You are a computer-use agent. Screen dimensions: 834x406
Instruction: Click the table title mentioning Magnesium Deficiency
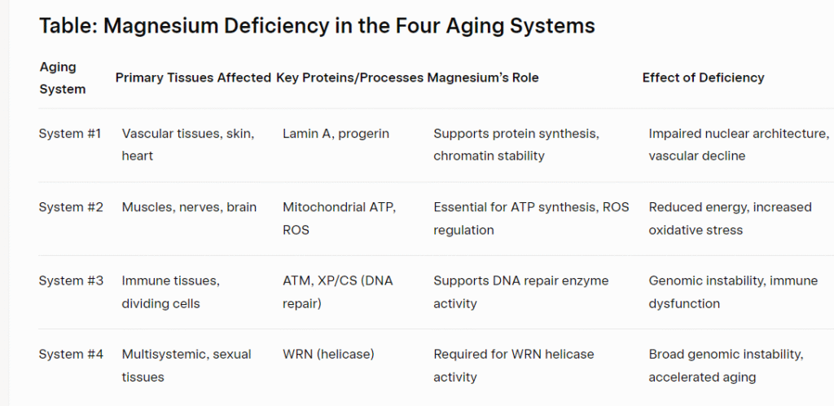click(317, 25)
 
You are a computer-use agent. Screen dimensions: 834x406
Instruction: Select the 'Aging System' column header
click(62, 77)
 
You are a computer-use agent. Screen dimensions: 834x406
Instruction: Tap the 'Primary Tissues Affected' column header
click(193, 77)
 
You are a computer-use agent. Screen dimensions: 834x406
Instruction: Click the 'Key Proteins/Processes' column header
click(349, 77)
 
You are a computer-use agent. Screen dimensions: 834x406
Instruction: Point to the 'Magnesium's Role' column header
click(483, 77)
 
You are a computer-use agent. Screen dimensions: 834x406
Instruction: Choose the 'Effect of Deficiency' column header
click(703, 77)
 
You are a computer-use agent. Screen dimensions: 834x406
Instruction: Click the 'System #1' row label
click(70, 134)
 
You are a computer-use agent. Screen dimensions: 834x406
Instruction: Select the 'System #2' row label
click(71, 207)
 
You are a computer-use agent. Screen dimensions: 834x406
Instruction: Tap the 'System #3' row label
click(71, 280)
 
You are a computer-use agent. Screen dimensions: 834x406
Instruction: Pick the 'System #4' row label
click(71, 354)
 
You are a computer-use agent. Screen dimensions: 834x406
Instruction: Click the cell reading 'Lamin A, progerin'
click(336, 134)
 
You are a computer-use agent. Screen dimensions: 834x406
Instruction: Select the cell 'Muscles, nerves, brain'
click(189, 207)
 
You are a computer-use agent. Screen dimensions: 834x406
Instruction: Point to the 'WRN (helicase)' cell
click(328, 354)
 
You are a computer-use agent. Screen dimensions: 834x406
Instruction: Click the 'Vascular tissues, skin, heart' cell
click(188, 145)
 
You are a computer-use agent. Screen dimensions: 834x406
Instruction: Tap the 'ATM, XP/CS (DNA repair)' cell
click(338, 292)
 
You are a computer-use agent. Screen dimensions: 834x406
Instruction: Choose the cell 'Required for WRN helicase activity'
click(513, 365)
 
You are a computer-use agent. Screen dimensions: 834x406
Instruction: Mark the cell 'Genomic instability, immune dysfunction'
click(733, 292)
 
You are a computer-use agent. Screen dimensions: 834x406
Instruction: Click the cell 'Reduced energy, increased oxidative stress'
click(730, 218)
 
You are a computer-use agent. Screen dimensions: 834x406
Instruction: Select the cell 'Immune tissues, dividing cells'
click(170, 292)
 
